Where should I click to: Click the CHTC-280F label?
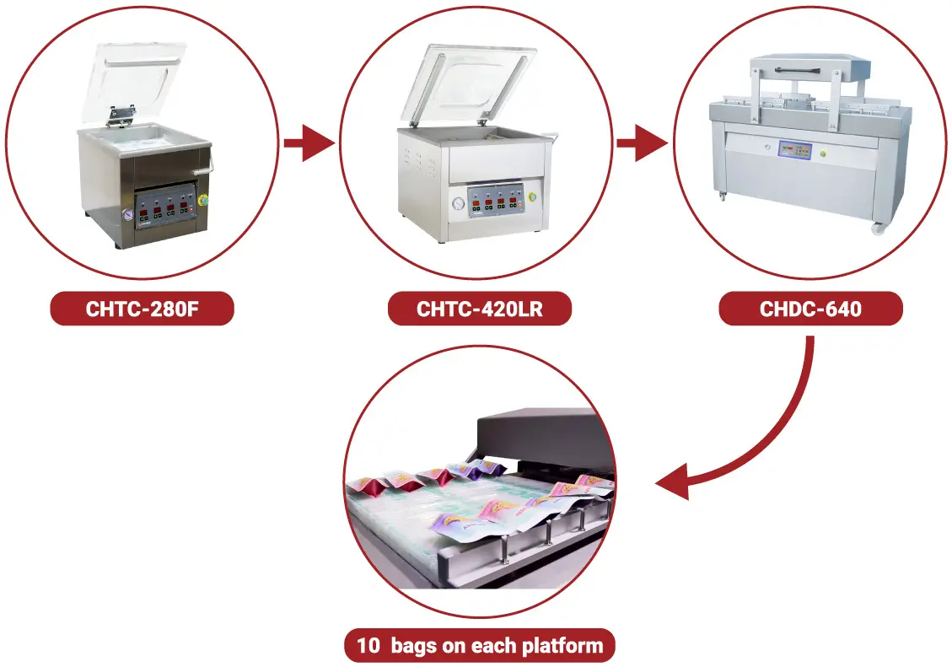pyautogui.click(x=142, y=309)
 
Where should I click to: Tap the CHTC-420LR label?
pyautogui.click(x=479, y=309)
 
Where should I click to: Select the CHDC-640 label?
pyautogui.click(x=810, y=309)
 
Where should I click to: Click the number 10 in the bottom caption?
pyautogui.click(x=368, y=647)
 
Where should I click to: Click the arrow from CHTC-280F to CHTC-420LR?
pyautogui.click(x=309, y=144)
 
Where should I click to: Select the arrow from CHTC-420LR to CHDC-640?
pyautogui.click(x=642, y=144)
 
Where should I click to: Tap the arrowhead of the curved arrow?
pyautogui.click(x=675, y=484)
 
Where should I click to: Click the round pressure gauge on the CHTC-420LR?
pyautogui.click(x=458, y=203)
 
